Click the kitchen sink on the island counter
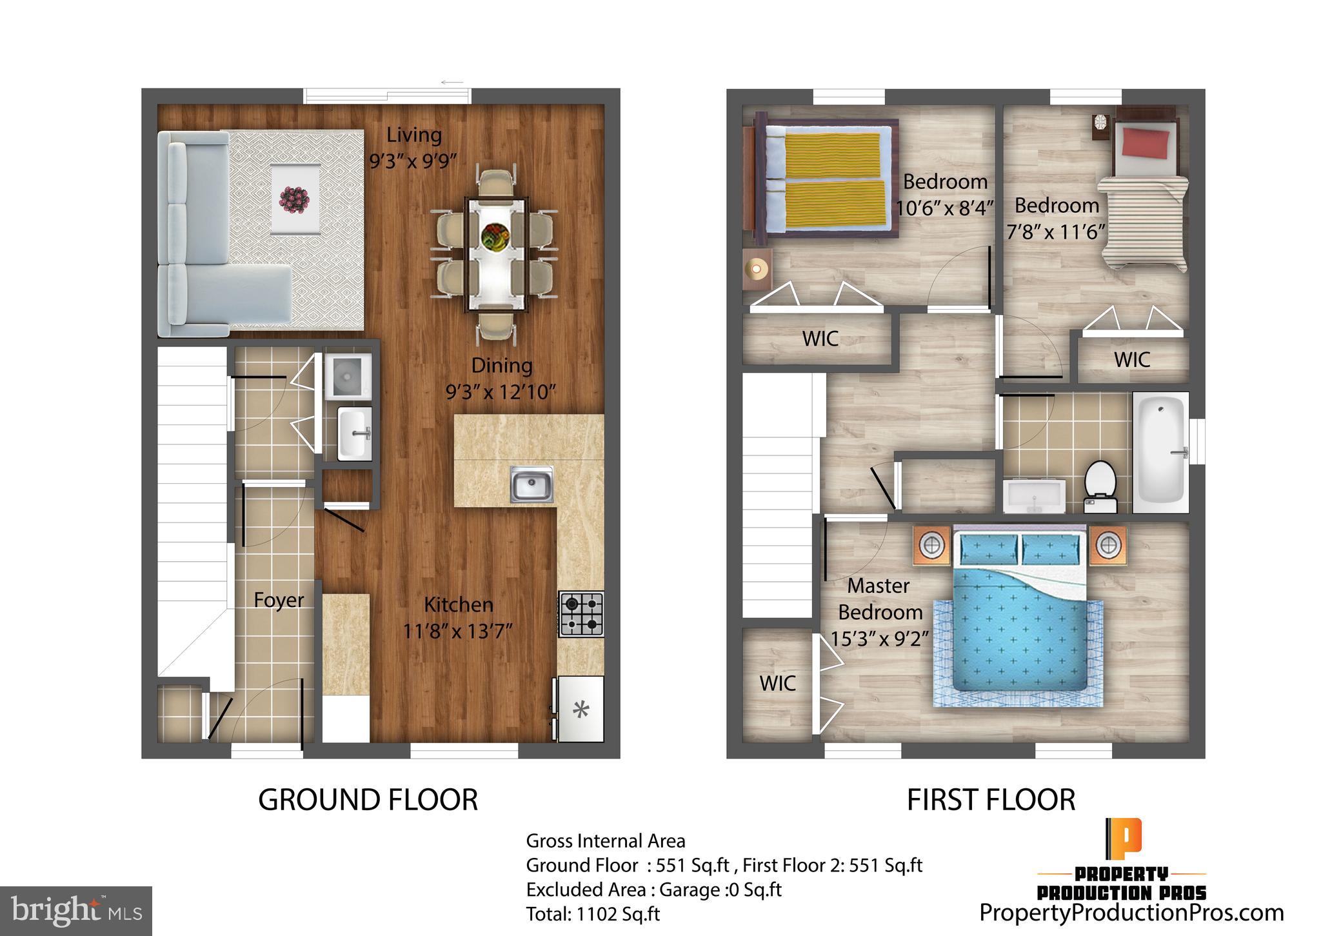pos(531,484)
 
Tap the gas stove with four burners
pos(581,614)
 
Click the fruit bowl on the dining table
pos(495,236)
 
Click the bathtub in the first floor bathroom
pos(1161,452)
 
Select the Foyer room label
pos(278,600)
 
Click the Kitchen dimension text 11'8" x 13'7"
pos(457,630)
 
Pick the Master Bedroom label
pos(879,599)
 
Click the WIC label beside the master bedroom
pos(777,684)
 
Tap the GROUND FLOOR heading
pos(368,800)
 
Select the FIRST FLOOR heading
pos(991,800)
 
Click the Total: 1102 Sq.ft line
pos(593,914)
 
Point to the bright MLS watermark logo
pos(76,911)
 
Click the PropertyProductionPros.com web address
pos(1131,913)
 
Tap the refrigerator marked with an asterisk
pos(581,710)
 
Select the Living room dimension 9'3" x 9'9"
pos(413,160)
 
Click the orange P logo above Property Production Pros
pos(1124,836)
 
